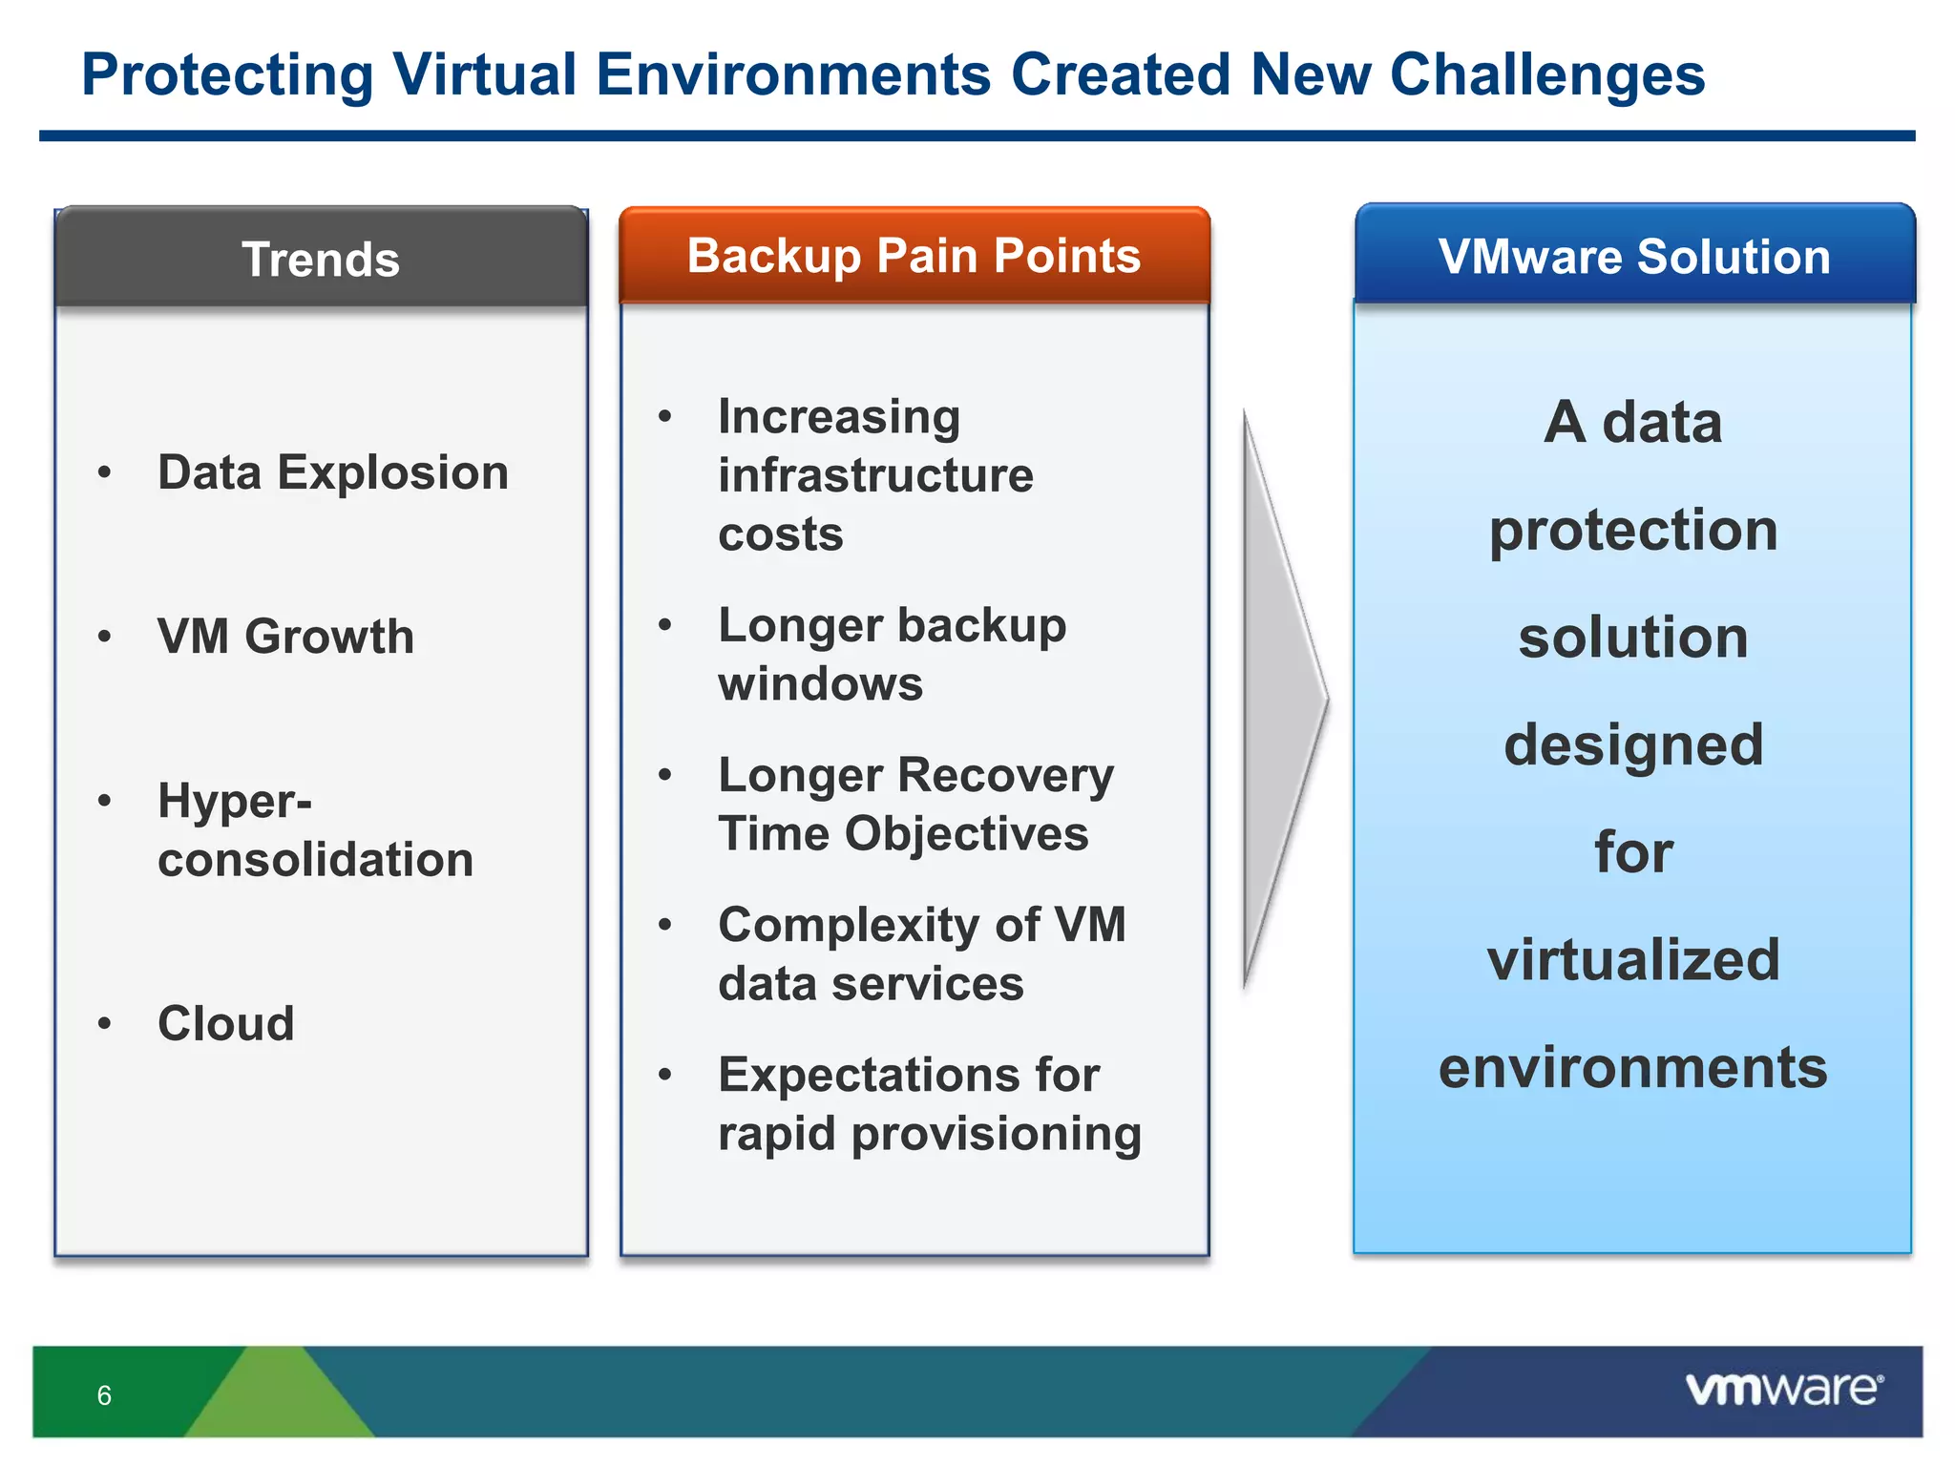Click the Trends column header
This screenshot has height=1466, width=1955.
tap(321, 260)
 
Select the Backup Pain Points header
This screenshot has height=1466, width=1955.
tap(914, 256)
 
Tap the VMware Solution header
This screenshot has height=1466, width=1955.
tap(1634, 257)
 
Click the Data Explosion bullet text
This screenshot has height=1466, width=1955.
tap(332, 472)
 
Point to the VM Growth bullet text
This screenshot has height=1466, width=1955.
tap(285, 636)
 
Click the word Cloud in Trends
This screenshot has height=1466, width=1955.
tap(226, 1023)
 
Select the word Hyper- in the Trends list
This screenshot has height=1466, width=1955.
tap(235, 800)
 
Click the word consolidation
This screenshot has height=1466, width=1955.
tap(315, 859)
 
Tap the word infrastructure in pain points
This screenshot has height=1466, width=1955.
tap(875, 475)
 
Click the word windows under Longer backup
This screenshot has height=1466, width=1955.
tap(820, 683)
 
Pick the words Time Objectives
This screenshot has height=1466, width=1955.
tap(903, 833)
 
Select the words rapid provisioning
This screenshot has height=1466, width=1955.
tap(929, 1134)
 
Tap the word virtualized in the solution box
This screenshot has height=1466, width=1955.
tap(1633, 959)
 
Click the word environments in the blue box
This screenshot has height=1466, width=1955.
tap(1633, 1067)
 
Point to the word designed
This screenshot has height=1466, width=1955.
tap(1633, 744)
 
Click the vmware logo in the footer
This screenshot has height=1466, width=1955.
tap(1783, 1389)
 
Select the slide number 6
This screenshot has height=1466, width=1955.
tap(104, 1395)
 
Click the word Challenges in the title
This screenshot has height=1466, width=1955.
tap(1546, 74)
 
